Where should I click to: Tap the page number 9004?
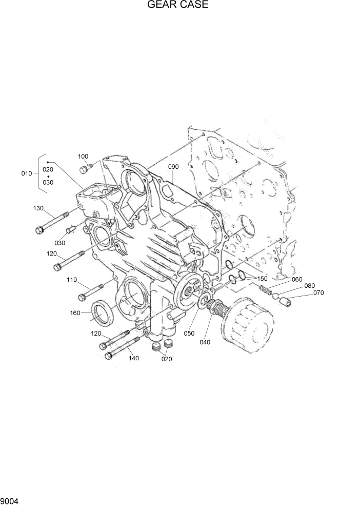(10, 499)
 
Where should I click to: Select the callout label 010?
(27, 173)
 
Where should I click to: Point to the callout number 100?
(83, 156)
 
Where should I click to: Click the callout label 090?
(173, 167)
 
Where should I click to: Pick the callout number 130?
(38, 208)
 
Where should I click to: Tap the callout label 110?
(71, 280)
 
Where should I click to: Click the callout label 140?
(134, 358)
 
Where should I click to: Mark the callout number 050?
(189, 332)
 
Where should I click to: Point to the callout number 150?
(263, 278)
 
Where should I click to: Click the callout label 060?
(297, 279)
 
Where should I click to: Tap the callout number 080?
(309, 286)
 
